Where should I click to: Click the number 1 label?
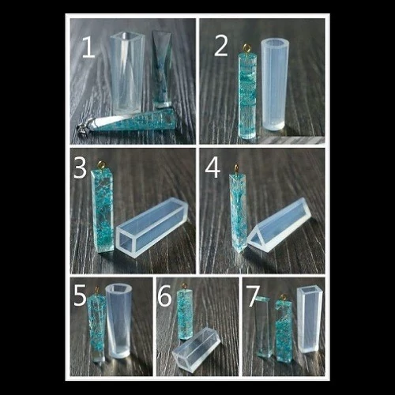click(88, 47)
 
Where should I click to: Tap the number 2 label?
click(221, 46)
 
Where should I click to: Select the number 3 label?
click(81, 167)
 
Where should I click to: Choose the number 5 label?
click(80, 295)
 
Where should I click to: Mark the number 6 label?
click(164, 296)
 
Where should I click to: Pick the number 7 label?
click(254, 296)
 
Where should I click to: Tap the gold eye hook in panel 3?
click(101, 165)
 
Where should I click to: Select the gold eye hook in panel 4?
click(237, 169)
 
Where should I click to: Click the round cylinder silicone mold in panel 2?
click(275, 85)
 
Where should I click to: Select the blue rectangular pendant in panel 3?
click(103, 210)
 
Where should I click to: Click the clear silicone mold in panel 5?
click(118, 321)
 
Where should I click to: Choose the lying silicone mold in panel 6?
click(196, 349)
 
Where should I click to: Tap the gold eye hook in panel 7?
click(283, 297)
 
